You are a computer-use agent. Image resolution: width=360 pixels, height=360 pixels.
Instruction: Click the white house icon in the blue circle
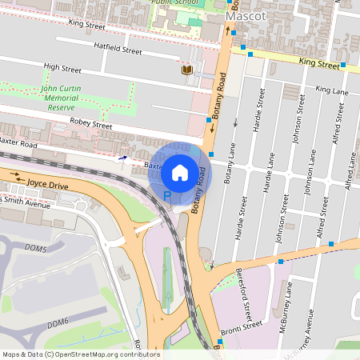pos(180,172)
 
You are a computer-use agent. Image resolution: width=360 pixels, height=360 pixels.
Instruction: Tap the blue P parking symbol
pos(167,194)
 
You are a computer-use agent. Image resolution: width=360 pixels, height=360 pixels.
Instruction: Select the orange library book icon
pos(187,70)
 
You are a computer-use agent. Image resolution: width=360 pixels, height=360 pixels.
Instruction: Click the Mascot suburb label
pos(246,16)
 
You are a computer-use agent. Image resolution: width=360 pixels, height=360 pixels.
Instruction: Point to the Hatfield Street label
pos(118,50)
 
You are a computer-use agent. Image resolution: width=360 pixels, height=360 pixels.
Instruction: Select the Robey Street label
pos(90,126)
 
